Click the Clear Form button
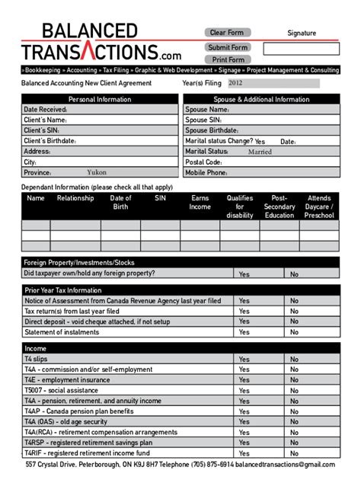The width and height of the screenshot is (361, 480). click(228, 32)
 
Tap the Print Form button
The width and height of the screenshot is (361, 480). click(228, 59)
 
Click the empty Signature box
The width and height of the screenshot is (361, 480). click(302, 49)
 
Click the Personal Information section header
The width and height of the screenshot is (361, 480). click(100, 99)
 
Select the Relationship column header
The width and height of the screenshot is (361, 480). click(75, 198)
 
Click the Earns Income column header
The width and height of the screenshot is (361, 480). click(200, 202)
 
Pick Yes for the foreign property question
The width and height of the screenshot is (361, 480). click(244, 274)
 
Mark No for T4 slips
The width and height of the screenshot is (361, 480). click(294, 359)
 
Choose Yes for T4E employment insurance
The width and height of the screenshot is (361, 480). click(244, 379)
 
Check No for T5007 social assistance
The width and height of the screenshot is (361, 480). click(294, 390)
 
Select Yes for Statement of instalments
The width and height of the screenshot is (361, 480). click(244, 332)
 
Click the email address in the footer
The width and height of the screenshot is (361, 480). click(285, 465)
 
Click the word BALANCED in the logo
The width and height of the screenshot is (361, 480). click(90, 30)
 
